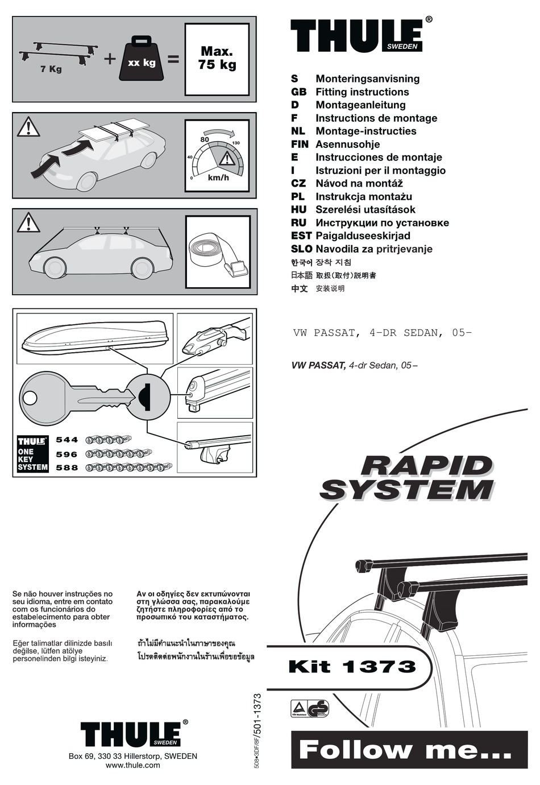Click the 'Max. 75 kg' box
[x=217, y=59]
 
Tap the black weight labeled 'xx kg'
[x=142, y=59]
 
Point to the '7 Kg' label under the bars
[x=51, y=69]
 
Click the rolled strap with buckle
[x=218, y=253]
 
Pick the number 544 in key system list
[x=67, y=440]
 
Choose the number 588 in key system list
[x=67, y=468]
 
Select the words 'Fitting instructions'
[x=362, y=92]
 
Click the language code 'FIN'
[x=300, y=144]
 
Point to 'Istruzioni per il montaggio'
[x=380, y=171]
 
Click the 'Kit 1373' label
[x=352, y=667]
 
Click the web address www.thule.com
[x=132, y=766]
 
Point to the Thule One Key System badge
[x=33, y=454]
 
